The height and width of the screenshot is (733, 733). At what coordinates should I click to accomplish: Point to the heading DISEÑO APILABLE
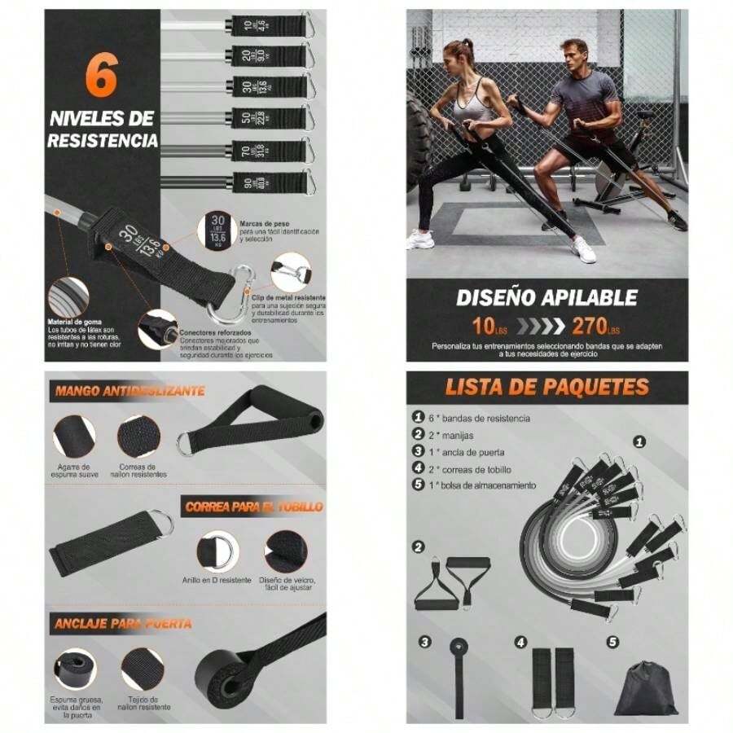(546, 298)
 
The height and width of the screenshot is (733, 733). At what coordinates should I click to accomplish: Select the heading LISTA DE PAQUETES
(546, 387)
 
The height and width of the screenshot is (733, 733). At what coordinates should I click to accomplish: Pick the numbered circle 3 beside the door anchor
(424, 643)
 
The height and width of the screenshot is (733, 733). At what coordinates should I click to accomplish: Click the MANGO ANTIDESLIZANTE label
(129, 391)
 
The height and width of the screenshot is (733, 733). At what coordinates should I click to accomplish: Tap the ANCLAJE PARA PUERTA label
(124, 624)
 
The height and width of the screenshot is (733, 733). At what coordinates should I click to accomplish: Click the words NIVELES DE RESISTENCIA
(102, 130)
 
